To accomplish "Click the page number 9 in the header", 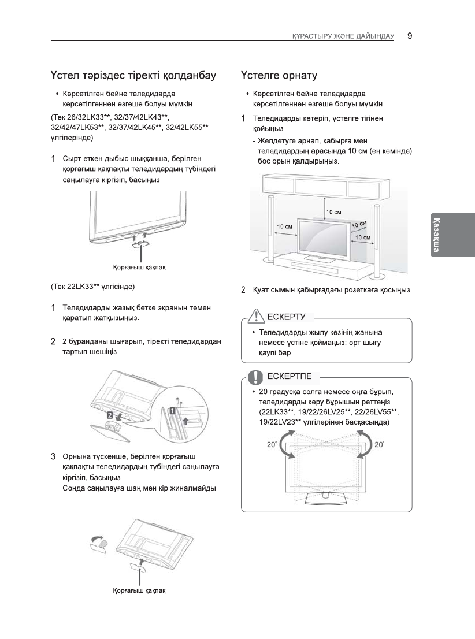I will coord(409,35).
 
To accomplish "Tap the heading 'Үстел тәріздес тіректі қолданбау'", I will coord(133,76).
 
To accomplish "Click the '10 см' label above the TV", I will coord(333,213).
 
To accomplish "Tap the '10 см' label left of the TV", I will coord(284,226).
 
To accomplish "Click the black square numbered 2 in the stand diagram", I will coord(109,415).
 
